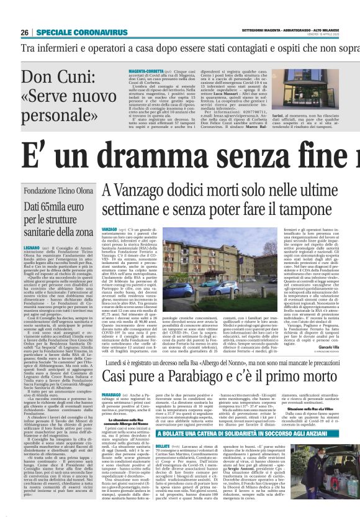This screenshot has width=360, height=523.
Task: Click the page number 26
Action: click(25, 32)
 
